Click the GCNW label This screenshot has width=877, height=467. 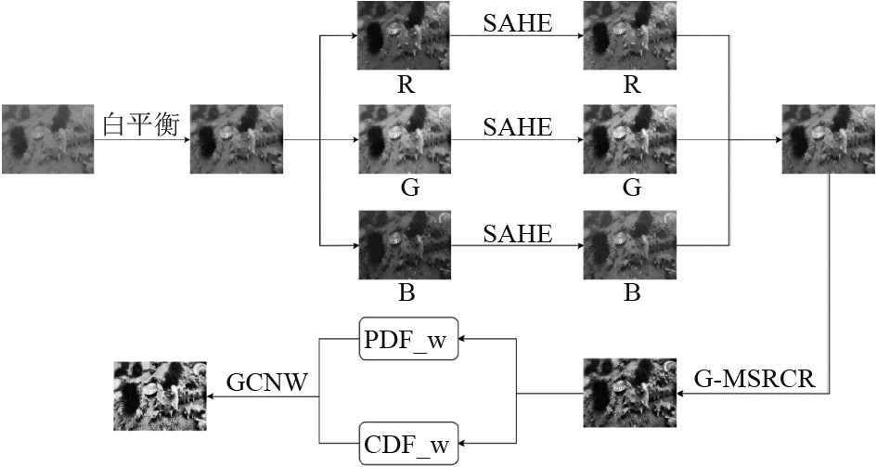267,382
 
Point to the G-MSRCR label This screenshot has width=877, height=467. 754,379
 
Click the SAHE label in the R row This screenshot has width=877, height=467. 517,24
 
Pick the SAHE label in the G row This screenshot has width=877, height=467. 517,127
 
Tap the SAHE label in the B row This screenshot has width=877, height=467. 517,232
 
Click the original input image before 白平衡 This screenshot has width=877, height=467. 47,139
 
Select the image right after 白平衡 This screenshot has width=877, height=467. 236,139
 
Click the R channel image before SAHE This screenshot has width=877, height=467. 406,35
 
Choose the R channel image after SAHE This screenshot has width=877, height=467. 630,35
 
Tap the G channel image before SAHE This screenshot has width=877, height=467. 406,139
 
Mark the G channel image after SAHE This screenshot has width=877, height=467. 630,139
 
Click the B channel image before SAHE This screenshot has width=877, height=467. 406,245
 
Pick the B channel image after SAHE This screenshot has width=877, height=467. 630,245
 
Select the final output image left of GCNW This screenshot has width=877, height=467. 160,396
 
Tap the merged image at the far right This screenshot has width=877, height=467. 828,139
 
